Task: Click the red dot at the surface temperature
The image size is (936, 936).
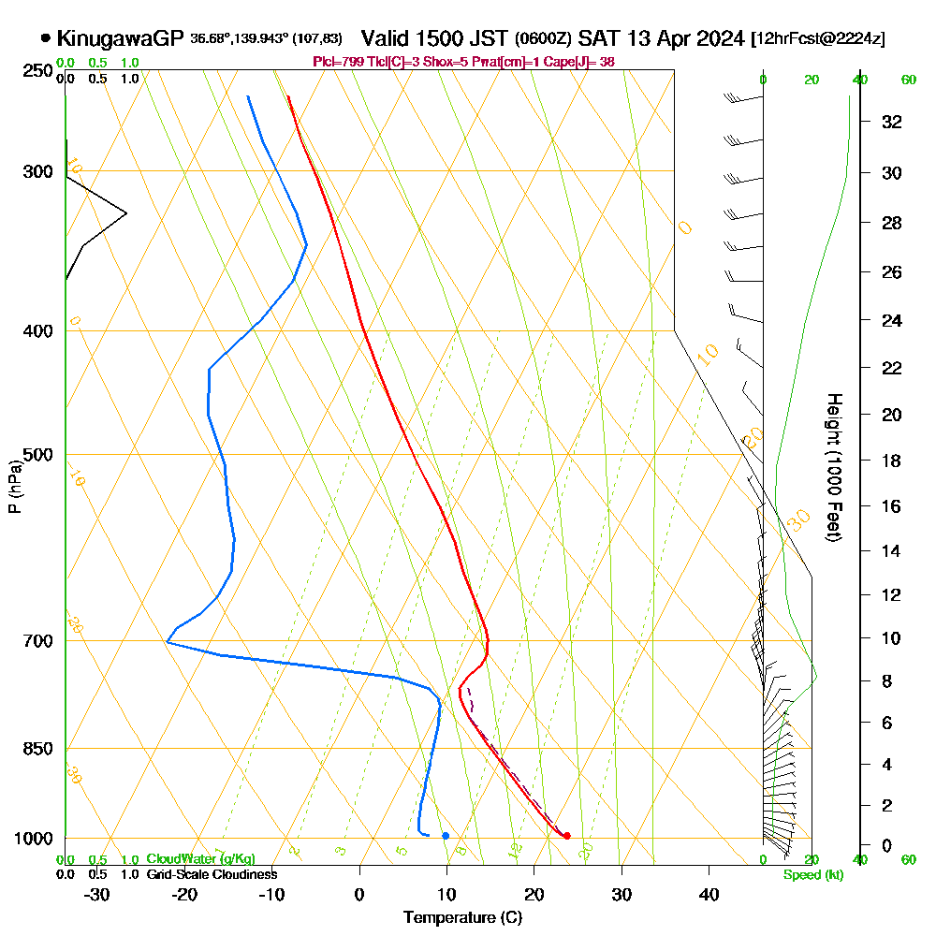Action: click(x=567, y=836)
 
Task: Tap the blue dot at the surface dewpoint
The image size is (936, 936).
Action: click(x=446, y=835)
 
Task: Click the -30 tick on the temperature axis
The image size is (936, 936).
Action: click(x=96, y=894)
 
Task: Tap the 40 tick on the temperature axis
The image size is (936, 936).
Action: click(x=709, y=894)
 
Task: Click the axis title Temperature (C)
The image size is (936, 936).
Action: click(x=462, y=918)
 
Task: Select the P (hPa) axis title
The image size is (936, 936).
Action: click(x=14, y=487)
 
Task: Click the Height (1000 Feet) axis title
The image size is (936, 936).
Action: click(x=833, y=467)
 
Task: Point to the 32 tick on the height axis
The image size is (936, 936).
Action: click(x=892, y=122)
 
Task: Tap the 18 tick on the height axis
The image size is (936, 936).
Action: click(x=892, y=461)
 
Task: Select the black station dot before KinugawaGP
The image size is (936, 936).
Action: click(x=46, y=39)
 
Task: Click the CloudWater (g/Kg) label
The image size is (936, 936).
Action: click(x=200, y=859)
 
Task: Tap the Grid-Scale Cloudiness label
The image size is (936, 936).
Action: click(x=211, y=874)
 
